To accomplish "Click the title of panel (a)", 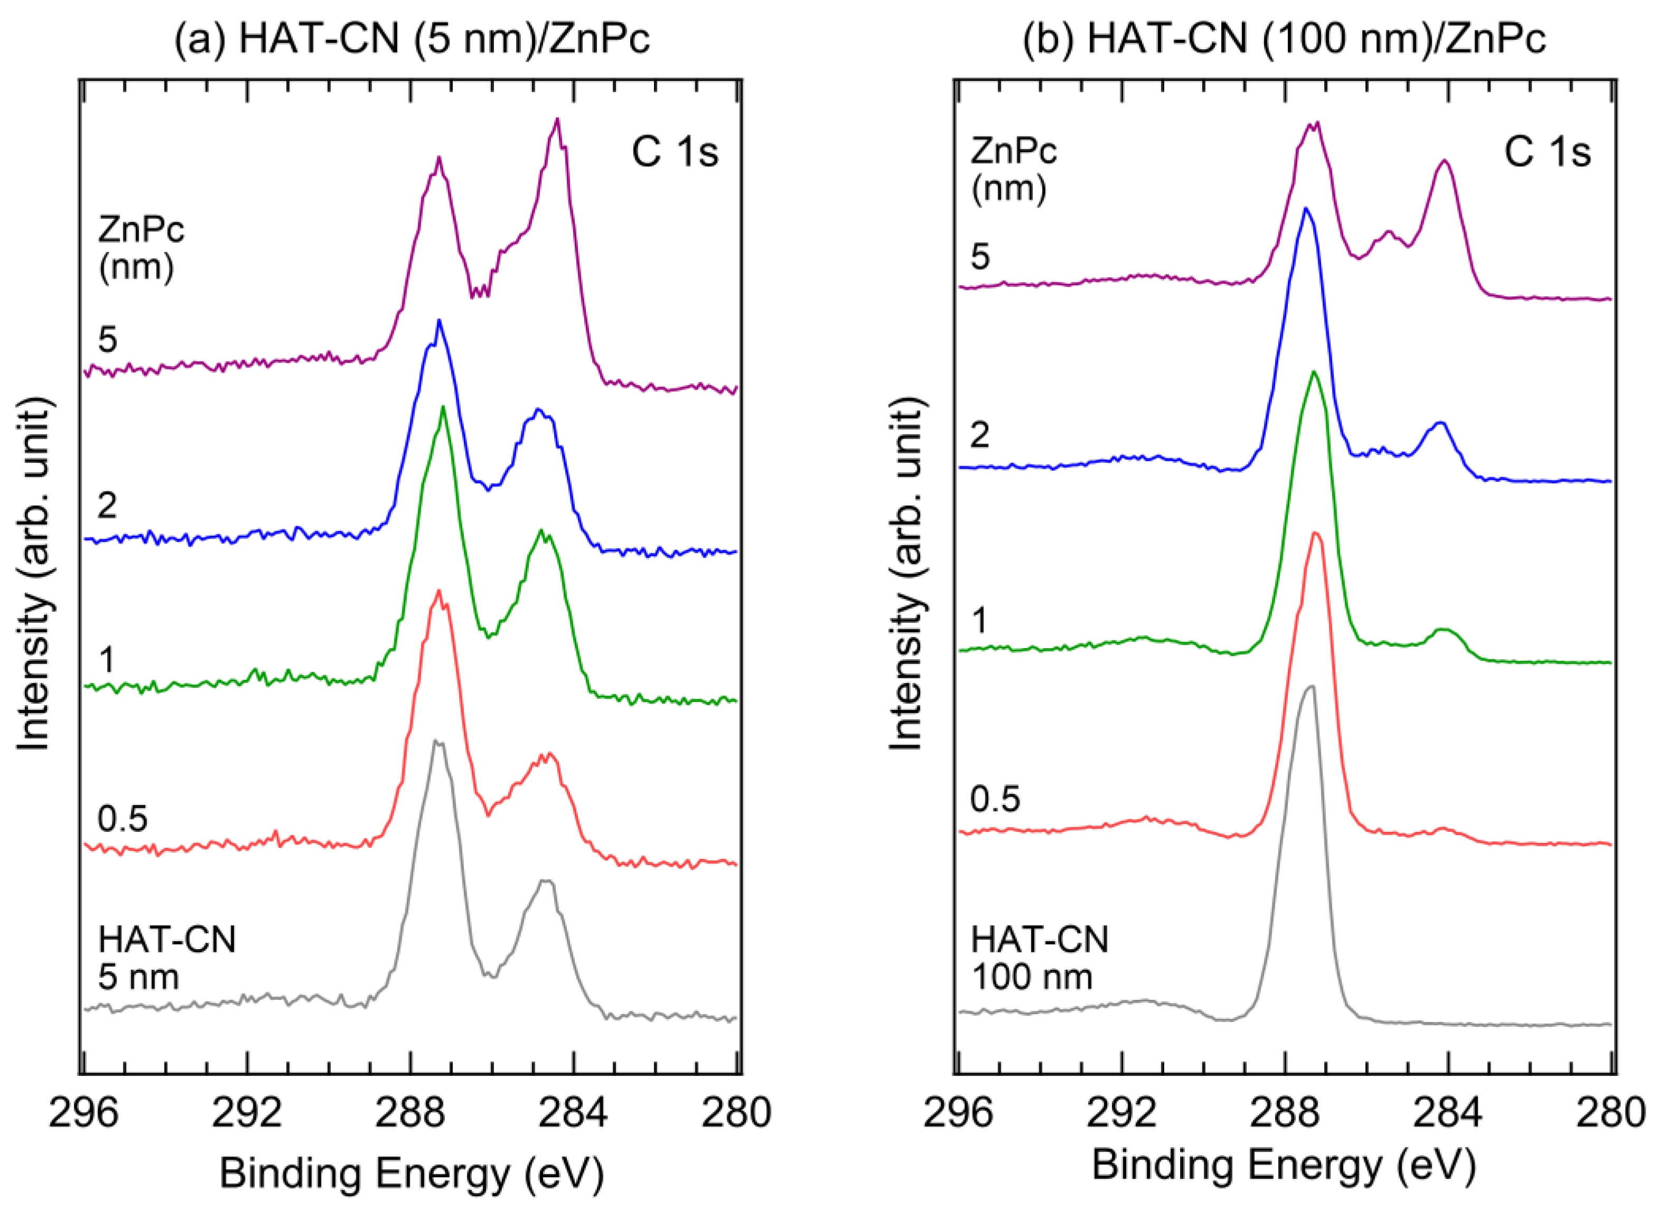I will (412, 38).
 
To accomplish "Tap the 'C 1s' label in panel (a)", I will (675, 153).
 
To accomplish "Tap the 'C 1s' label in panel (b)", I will (1548, 153).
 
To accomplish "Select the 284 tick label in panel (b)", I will (1448, 1112).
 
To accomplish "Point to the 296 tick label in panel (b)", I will (958, 1112).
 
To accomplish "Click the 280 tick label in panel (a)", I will (736, 1112).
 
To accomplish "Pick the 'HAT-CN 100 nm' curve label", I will (1040, 958).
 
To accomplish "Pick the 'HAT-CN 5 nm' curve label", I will (167, 958).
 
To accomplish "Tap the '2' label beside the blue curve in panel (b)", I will (980, 436).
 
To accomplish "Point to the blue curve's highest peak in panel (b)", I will (1305, 209).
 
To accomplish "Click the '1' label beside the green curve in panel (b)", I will (978, 621).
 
